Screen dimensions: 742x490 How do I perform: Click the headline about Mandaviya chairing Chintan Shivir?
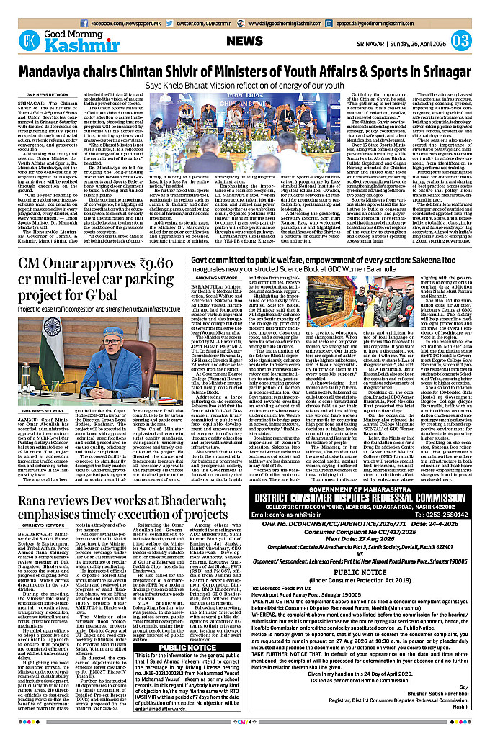(244, 73)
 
